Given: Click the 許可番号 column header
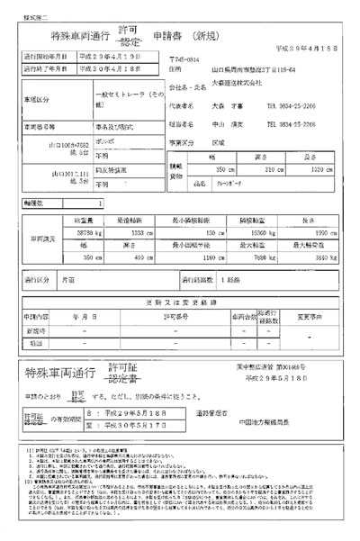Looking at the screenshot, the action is click(x=175, y=318).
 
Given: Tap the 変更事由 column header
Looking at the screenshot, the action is click(x=310, y=318).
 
